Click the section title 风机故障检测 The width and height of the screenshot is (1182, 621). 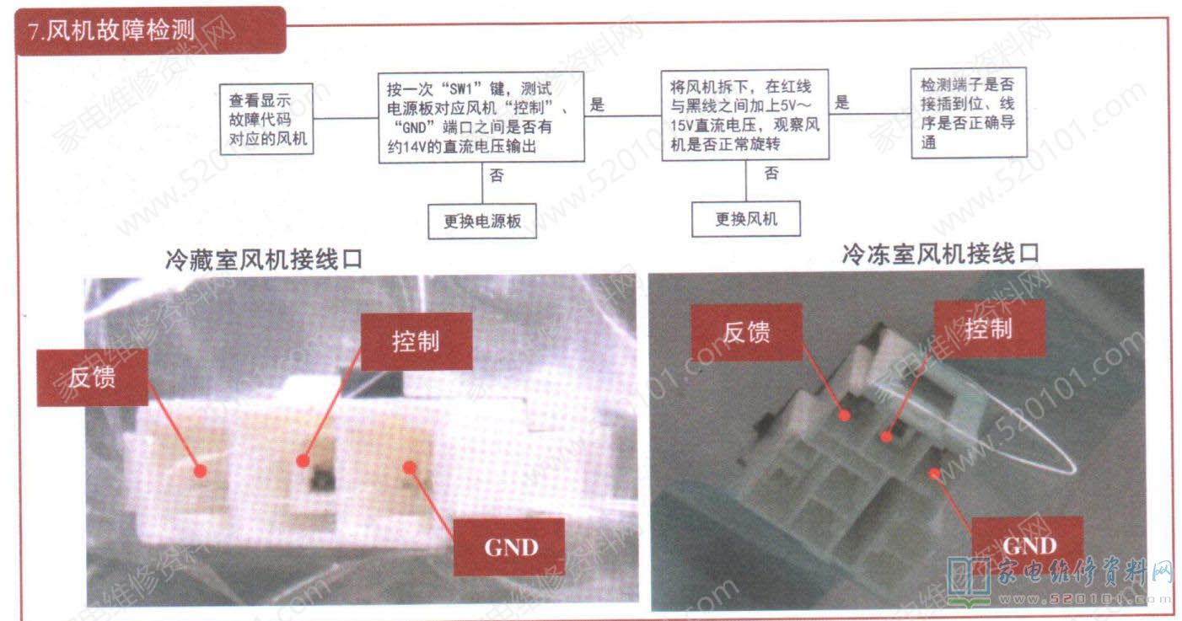tap(121, 30)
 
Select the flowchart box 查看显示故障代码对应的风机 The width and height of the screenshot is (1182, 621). tap(266, 119)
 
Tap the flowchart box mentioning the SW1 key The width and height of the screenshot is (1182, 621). tap(481, 117)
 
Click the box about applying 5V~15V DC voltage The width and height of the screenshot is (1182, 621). tap(745, 115)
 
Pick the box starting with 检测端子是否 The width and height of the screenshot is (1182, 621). tap(969, 113)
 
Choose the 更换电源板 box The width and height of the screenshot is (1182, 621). tap(482, 222)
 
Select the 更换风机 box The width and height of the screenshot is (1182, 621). tap(746, 219)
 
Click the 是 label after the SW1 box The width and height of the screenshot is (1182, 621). tap(597, 104)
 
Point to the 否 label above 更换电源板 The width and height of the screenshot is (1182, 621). tap(496, 175)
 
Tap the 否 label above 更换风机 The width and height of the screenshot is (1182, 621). tap(771, 173)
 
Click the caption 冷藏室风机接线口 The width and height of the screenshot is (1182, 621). tap(264, 260)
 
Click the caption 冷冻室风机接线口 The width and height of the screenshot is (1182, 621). tap(940, 254)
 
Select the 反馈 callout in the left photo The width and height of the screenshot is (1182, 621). tap(93, 377)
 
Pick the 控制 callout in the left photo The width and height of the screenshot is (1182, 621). tap(416, 341)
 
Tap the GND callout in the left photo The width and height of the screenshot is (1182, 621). tap(510, 547)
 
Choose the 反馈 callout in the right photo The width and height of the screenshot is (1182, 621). tap(747, 333)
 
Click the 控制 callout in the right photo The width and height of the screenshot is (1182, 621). tap(990, 329)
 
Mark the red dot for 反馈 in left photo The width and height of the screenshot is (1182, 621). tap(200, 471)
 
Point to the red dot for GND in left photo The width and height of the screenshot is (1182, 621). tap(409, 467)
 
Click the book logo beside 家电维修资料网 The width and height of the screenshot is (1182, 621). tap(969, 582)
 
